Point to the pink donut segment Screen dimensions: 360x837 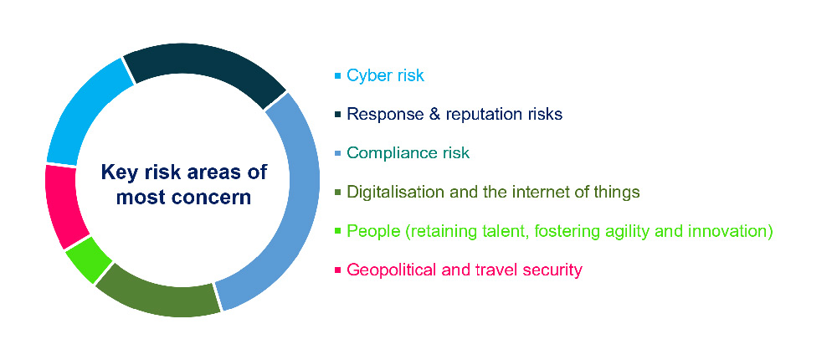(65, 205)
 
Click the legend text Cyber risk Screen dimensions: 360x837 (385, 75)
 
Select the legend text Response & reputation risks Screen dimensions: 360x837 (454, 114)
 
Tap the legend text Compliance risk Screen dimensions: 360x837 (408, 153)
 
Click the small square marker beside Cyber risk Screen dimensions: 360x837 (337, 76)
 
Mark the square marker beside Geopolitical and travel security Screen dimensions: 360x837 (337, 270)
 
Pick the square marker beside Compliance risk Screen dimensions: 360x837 (337, 154)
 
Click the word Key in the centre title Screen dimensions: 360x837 (117, 172)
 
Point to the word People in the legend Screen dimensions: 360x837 (371, 231)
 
